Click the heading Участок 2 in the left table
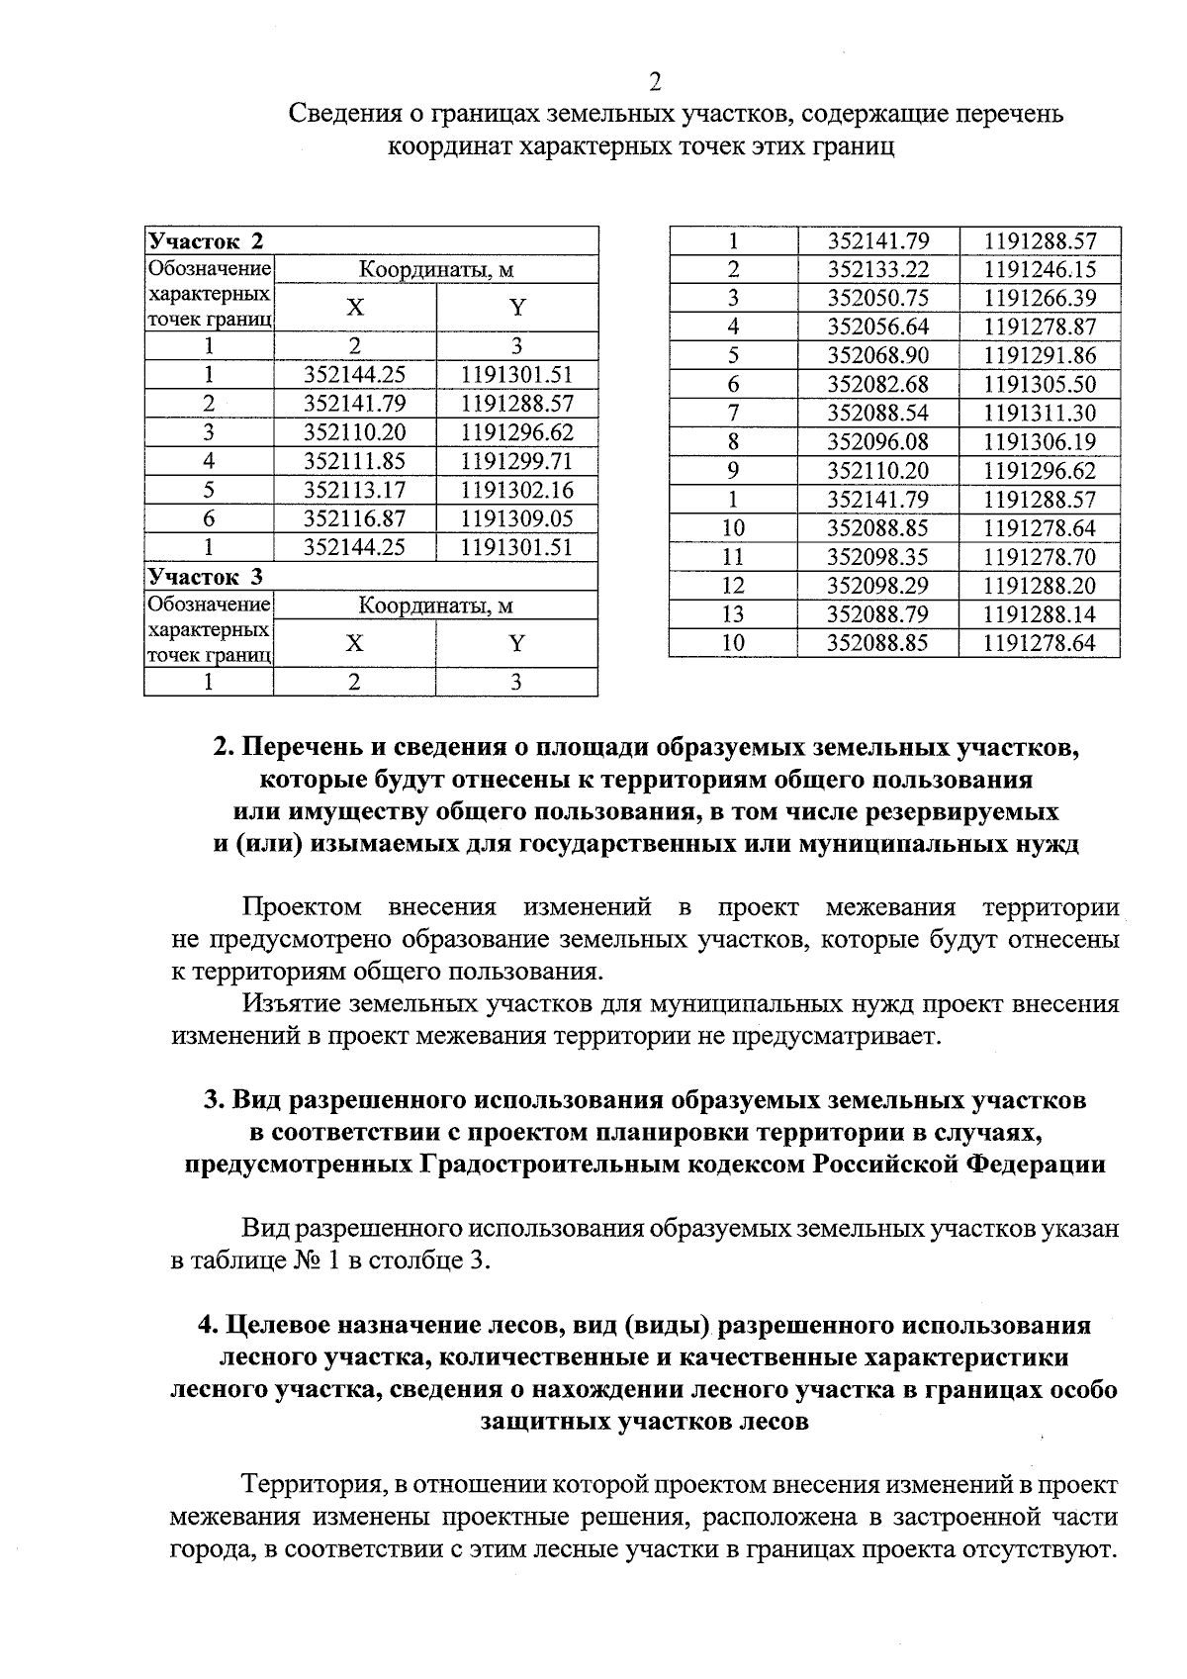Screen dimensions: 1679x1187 coord(206,241)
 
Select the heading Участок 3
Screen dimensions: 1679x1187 coord(206,577)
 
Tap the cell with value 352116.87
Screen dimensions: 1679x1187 coord(354,518)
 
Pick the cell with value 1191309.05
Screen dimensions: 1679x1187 coord(516,518)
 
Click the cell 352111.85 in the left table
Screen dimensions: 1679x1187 coord(354,461)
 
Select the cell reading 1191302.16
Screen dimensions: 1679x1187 coord(516,490)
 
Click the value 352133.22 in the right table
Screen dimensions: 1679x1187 coord(877,269)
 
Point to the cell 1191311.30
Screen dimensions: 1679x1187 coord(1040,413)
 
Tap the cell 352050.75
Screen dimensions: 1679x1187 coord(877,298)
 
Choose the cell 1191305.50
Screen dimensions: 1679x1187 coord(1040,384)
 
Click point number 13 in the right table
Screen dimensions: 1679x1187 coord(732,614)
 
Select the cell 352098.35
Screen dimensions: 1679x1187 coord(877,557)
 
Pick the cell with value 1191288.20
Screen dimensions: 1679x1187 coord(1040,586)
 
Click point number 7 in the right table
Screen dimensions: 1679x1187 coord(732,413)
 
